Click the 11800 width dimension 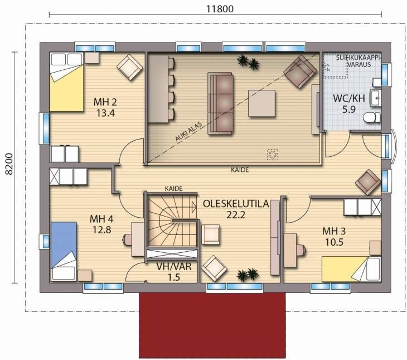click(x=220, y=9)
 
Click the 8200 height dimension click(x=9, y=164)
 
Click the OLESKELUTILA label click(x=236, y=204)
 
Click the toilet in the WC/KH click(x=372, y=117)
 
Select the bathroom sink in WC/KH click(x=375, y=98)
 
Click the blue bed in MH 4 click(x=64, y=251)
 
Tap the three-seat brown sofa click(x=220, y=103)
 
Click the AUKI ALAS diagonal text click(x=188, y=132)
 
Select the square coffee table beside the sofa click(x=261, y=103)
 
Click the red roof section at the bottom click(x=212, y=325)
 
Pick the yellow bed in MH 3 click(x=351, y=269)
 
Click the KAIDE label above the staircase click(x=173, y=189)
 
